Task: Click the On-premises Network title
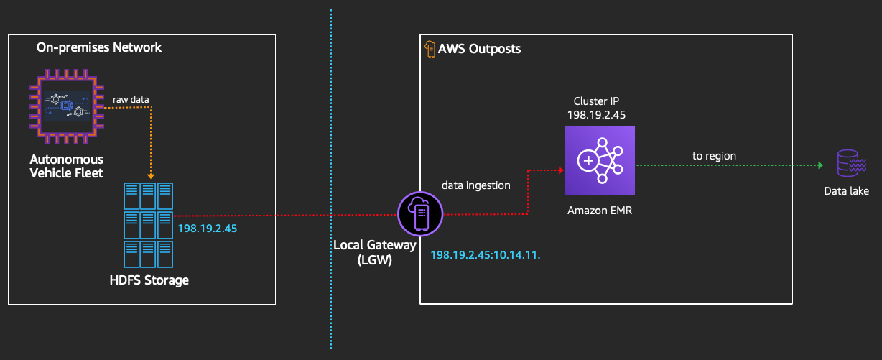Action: [99, 47]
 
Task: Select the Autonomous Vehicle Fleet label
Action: [66, 166]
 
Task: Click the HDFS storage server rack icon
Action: [149, 225]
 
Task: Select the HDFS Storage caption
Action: [149, 280]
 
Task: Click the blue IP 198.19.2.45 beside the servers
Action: [207, 229]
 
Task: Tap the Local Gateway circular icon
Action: [420, 213]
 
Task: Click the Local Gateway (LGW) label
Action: [374, 252]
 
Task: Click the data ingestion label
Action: [475, 185]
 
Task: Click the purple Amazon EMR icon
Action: [600, 160]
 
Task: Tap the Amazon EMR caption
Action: [600, 211]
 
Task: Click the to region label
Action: [714, 155]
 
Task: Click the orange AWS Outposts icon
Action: [430, 49]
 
